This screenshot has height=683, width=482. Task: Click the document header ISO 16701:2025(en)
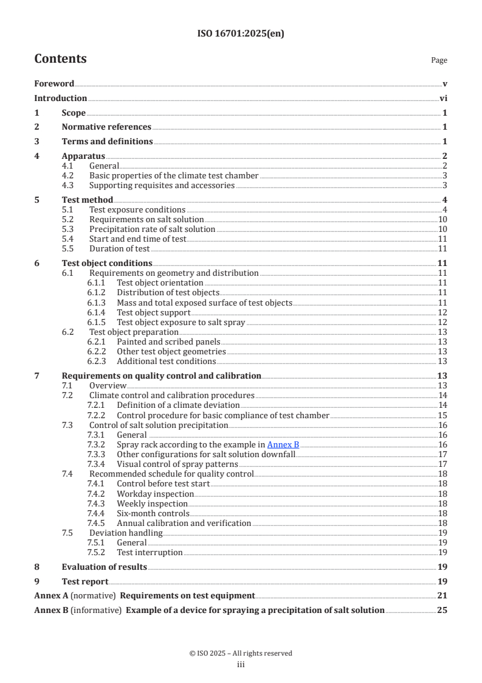[241, 34]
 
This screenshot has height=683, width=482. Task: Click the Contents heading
[60, 59]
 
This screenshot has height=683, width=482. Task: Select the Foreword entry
[54, 84]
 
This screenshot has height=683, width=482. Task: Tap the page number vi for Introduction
[443, 99]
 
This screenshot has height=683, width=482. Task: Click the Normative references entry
[106, 127]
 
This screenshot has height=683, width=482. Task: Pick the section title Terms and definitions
[107, 142]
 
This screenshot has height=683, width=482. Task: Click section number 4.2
[68, 176]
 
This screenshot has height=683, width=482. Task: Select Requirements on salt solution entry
[146, 219]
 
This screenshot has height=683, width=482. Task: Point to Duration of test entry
[119, 248]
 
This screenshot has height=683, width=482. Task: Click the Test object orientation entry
[160, 283]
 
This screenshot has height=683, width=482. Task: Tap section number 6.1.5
[96, 322]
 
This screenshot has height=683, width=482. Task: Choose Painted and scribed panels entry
[168, 341]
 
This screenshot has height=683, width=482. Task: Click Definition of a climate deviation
[178, 405]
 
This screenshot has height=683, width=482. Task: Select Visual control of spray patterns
[177, 464]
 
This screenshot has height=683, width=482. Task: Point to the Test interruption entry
[150, 552]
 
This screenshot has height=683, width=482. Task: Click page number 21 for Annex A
[442, 596]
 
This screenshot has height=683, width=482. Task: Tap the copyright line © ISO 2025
[241, 653]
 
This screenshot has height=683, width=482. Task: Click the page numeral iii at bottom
[241, 665]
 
